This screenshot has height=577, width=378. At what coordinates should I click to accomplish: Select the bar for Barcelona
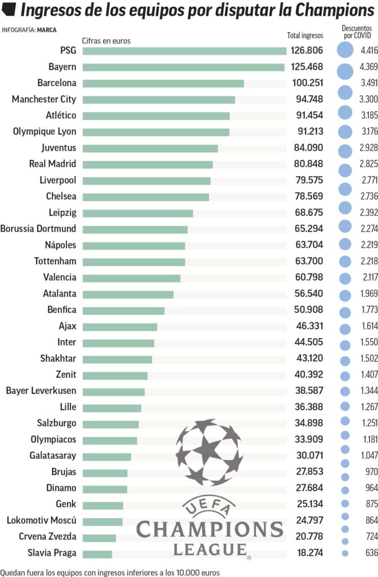163,83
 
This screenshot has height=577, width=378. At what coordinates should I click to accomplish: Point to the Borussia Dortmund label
38,229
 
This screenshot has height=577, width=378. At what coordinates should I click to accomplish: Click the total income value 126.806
307,51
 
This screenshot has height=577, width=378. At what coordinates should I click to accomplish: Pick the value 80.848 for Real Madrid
307,165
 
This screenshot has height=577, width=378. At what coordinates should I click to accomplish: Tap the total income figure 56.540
307,294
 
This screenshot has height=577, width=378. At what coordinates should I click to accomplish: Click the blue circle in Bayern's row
345,71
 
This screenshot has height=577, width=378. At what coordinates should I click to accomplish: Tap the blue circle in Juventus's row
345,151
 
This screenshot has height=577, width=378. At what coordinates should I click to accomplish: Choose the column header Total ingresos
305,35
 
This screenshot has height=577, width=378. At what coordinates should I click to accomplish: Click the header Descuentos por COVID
356,32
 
